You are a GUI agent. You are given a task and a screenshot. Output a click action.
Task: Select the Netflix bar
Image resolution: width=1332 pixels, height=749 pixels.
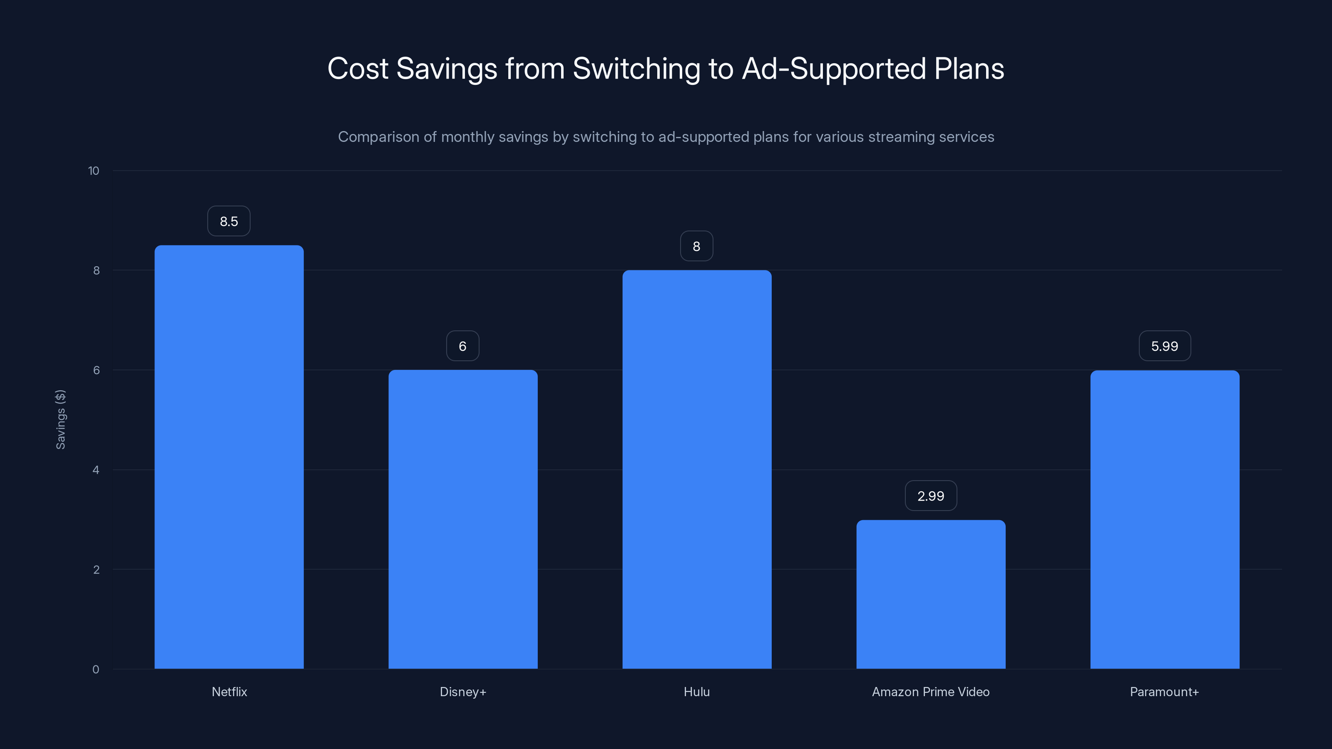(229, 457)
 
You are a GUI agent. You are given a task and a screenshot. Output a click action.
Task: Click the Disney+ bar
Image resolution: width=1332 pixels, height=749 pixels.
(463, 519)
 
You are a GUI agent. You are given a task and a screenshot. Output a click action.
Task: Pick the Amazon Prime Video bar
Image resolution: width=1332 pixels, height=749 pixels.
(931, 595)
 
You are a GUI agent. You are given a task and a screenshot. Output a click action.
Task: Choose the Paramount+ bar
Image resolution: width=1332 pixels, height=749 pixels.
(1165, 519)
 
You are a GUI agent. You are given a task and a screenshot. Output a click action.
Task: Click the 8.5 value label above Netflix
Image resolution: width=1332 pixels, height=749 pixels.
(229, 221)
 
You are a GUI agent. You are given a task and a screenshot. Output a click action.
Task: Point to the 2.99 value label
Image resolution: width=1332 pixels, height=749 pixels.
(931, 496)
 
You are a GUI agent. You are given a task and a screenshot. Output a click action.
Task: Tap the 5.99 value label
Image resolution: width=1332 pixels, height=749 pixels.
(1165, 346)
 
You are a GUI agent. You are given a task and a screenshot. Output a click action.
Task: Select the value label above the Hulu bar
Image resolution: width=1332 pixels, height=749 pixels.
(696, 247)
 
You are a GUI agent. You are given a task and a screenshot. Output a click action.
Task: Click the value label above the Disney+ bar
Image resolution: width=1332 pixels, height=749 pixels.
(463, 346)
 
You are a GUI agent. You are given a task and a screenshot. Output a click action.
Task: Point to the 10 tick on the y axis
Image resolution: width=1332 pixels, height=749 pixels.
(94, 171)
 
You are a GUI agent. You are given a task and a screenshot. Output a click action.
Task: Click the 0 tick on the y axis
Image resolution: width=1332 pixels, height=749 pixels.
(96, 670)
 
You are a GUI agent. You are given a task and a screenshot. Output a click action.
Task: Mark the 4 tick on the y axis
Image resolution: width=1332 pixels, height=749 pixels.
(96, 470)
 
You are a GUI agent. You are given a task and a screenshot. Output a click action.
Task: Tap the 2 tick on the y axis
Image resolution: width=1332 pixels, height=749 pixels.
(96, 570)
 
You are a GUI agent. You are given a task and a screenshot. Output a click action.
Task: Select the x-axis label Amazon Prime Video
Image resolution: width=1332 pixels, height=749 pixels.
(931, 692)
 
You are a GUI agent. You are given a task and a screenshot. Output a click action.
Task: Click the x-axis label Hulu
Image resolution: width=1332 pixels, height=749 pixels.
(696, 692)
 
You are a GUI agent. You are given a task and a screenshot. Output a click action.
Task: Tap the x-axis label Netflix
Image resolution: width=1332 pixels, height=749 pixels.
(229, 692)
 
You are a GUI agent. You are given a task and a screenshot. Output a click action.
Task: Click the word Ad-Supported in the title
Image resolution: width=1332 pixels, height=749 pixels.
(833, 69)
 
